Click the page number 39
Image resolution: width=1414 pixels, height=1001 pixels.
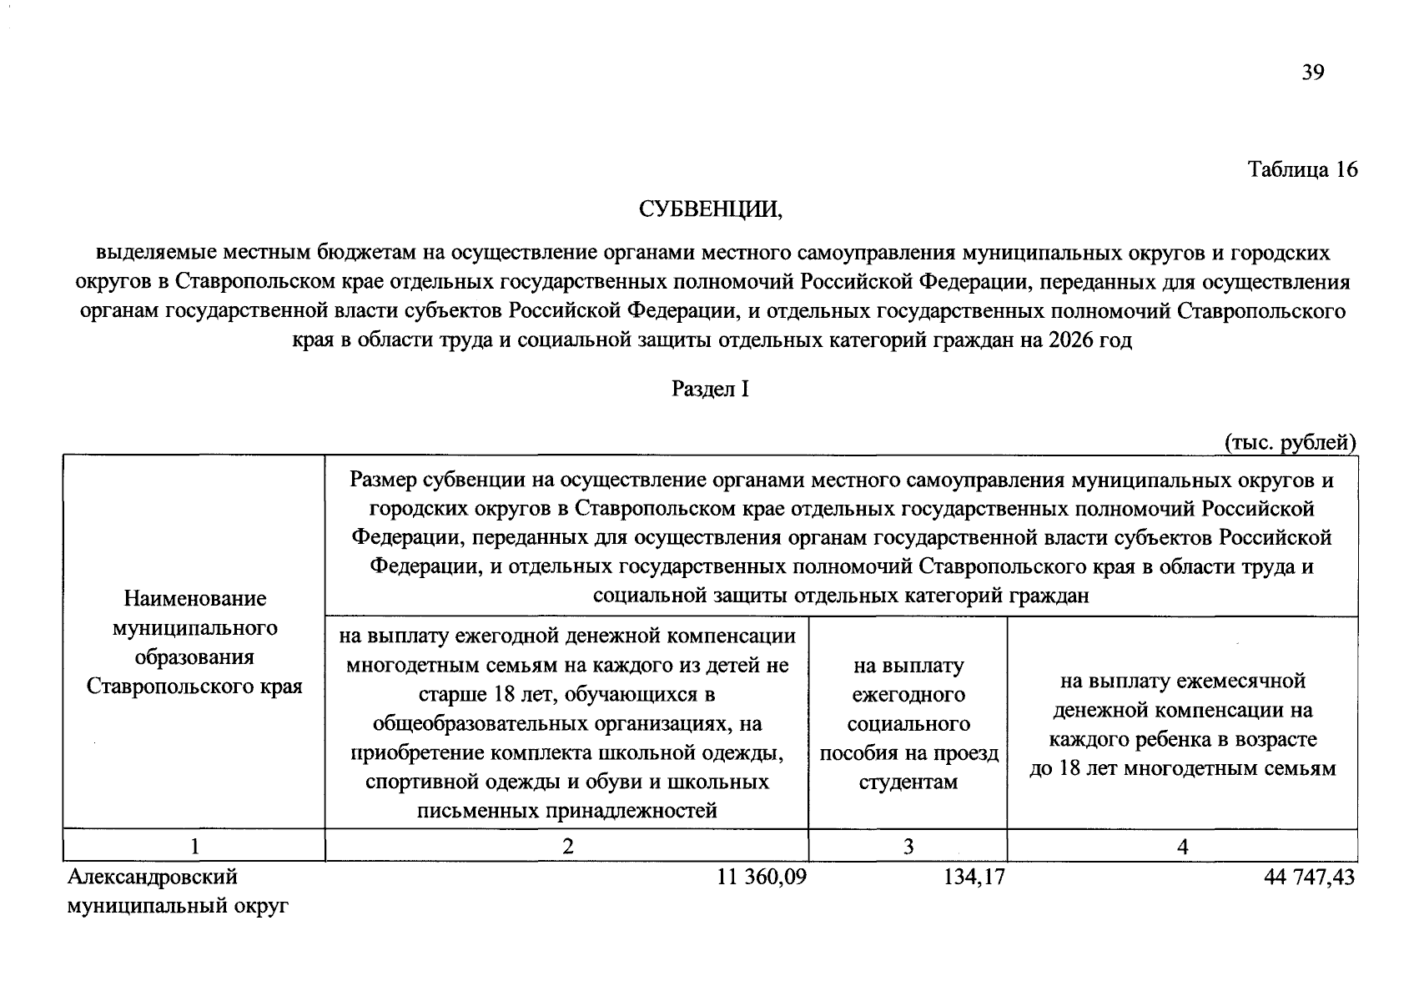pyautogui.click(x=1312, y=73)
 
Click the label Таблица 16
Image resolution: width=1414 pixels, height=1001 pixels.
pyautogui.click(x=1302, y=170)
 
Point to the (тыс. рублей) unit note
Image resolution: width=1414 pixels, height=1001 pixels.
pyautogui.click(x=1290, y=442)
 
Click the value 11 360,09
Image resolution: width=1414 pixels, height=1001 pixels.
pyautogui.click(x=762, y=877)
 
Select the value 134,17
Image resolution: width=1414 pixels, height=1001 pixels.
pyautogui.click(x=971, y=877)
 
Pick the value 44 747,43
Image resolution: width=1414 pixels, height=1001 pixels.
pyautogui.click(x=1310, y=877)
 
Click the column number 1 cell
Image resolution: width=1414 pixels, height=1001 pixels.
pyautogui.click(x=194, y=846)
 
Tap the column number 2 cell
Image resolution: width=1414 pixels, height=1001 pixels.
pyautogui.click(x=567, y=846)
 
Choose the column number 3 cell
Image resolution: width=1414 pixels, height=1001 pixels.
pyautogui.click(x=908, y=846)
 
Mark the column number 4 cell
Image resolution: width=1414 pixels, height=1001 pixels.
pyautogui.click(x=1182, y=846)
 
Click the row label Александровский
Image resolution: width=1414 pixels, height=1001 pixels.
pyautogui.click(x=153, y=877)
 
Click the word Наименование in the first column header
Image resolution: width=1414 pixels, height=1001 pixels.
pyautogui.click(x=194, y=599)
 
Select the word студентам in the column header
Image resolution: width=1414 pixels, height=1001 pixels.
pyautogui.click(x=908, y=782)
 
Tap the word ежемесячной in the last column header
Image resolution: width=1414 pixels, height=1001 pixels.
pyautogui.click(x=1239, y=682)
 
